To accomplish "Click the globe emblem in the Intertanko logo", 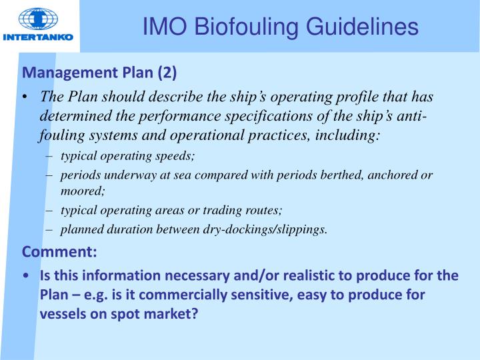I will pos(38,19).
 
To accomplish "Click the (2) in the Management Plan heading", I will pos(167,72).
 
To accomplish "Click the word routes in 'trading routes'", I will pos(265,210).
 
